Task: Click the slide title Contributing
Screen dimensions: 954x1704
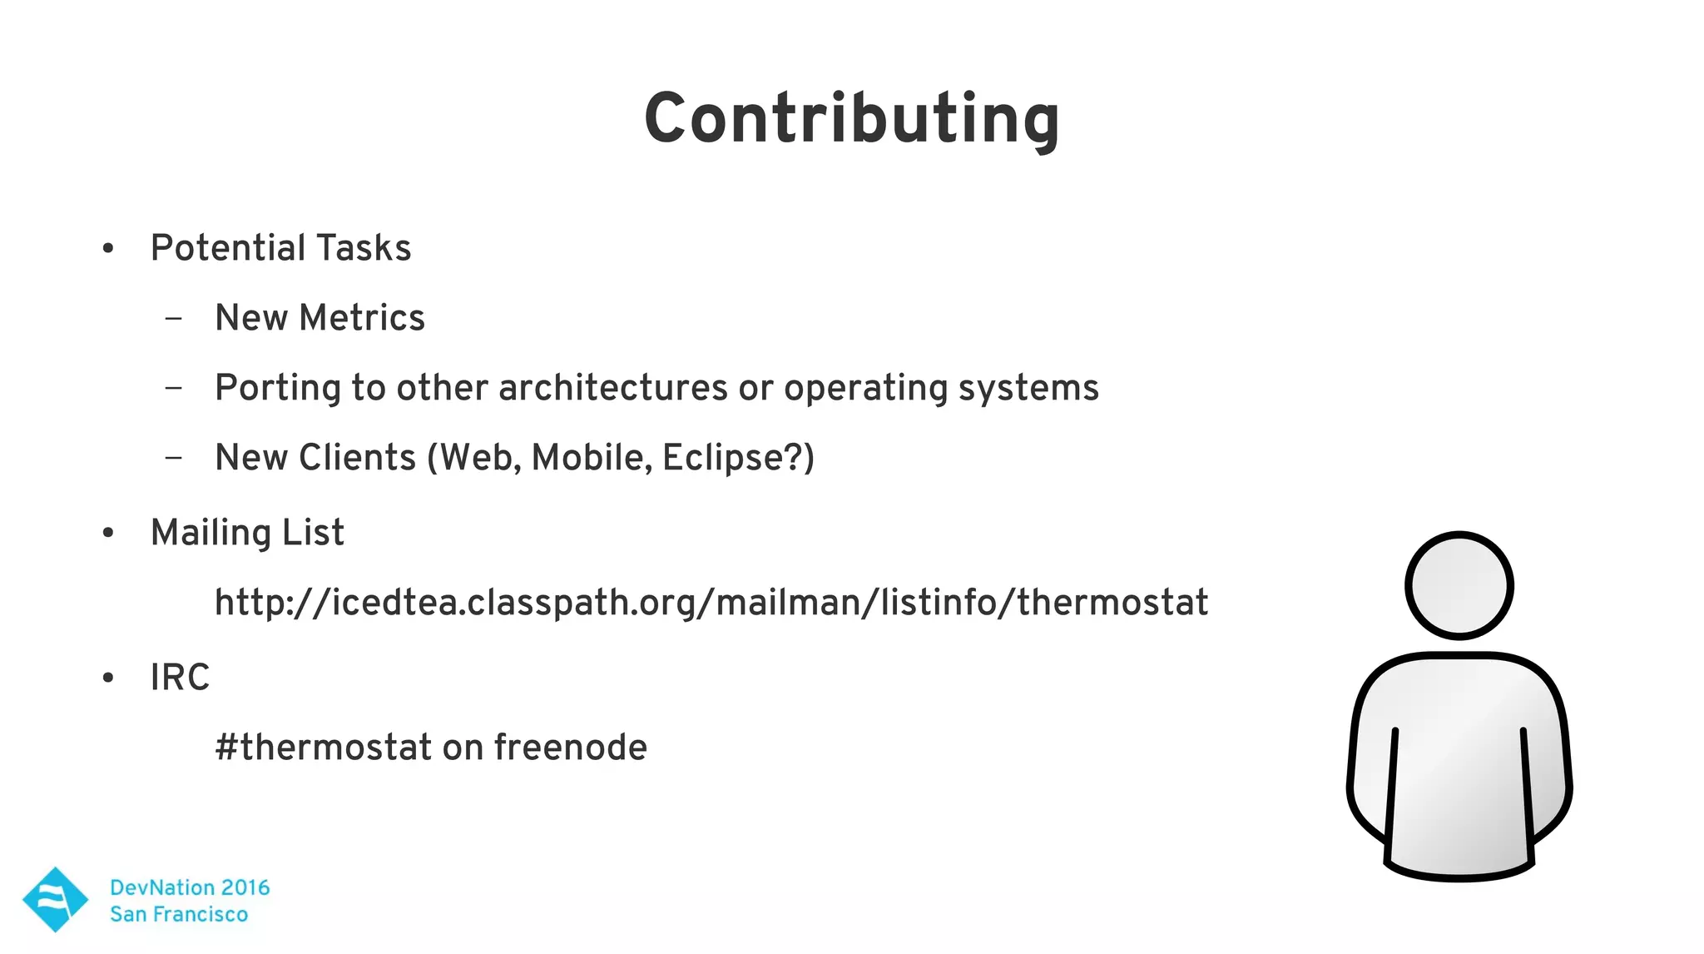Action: (851, 119)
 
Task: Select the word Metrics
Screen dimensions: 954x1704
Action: (361, 318)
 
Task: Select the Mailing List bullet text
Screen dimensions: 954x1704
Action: (247, 533)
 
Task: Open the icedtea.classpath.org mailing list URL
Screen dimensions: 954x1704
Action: (711, 603)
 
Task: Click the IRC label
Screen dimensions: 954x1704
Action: (180, 678)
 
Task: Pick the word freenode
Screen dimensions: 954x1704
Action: (570, 748)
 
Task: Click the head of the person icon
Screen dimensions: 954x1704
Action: (1459, 585)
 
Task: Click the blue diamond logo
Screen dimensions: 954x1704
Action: (55, 899)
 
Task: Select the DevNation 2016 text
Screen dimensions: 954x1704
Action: (190, 887)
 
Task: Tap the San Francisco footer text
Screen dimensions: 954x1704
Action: (179, 914)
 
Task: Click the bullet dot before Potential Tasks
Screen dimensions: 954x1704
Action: (108, 248)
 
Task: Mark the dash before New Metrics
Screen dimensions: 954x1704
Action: (173, 318)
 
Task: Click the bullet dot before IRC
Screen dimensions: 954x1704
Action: (108, 678)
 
